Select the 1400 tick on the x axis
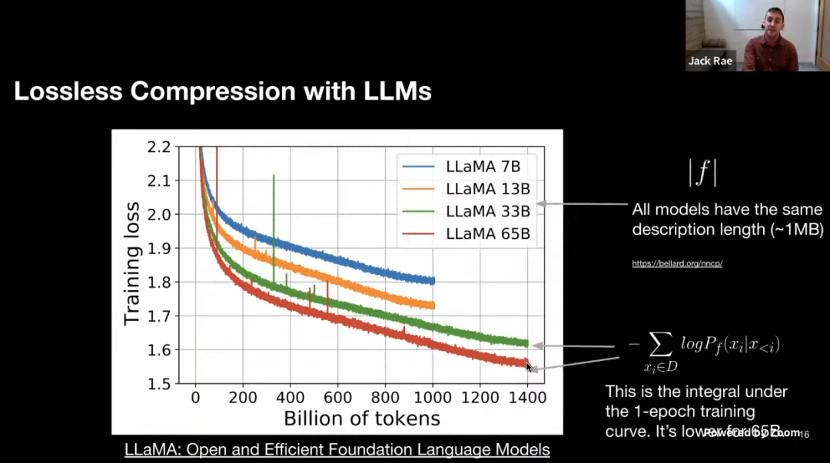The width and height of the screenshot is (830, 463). tap(526, 398)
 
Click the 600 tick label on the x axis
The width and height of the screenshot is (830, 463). tap(337, 398)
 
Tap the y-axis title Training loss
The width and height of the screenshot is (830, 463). tap(132, 263)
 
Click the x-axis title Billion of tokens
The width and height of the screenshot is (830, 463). tap(362, 418)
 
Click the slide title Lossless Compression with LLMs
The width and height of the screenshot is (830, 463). tap(223, 92)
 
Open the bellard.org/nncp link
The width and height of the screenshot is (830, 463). tap(677, 263)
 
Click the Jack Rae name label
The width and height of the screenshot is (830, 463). tap(710, 61)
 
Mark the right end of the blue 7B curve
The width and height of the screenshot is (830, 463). tap(433, 281)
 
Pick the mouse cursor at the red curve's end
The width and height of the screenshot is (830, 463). tap(529, 367)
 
